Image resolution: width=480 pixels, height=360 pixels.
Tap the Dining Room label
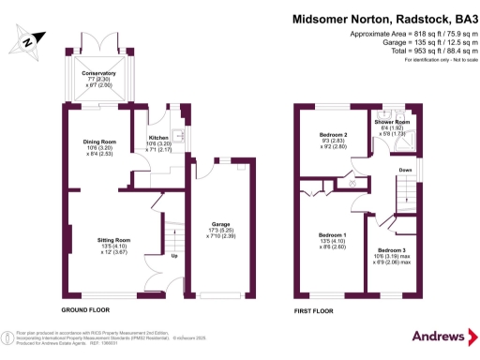tap(97, 142)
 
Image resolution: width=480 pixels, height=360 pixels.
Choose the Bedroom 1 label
tap(332, 234)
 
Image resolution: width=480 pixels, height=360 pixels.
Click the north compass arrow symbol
tap(28, 40)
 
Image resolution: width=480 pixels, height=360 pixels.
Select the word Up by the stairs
tap(173, 255)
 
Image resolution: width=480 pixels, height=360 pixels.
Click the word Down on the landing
tap(405, 170)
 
